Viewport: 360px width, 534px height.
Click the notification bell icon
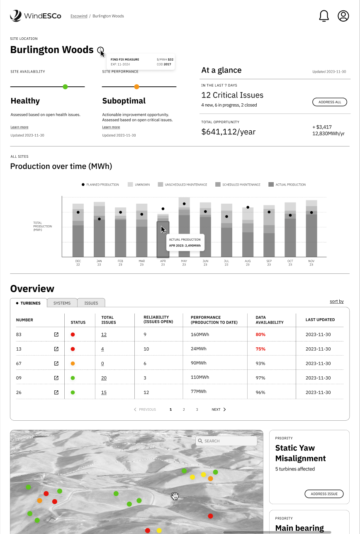[324, 16]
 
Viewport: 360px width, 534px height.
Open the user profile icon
[343, 16]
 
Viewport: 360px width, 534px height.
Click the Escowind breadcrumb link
[79, 16]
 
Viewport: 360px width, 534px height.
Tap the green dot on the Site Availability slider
[65, 87]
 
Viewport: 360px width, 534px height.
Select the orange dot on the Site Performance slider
[136, 87]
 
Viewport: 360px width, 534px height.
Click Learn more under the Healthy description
[19, 127]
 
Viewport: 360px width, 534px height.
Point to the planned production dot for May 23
[184, 204]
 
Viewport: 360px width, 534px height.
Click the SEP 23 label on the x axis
[269, 263]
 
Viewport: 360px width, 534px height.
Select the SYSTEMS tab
[62, 303]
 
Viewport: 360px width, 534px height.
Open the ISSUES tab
[91, 303]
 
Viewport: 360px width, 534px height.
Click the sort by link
[336, 301]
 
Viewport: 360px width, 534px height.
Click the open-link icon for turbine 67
[56, 363]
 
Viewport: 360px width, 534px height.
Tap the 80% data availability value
[260, 334]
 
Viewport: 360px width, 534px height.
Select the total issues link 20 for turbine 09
[104, 378]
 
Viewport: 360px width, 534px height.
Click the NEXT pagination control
[219, 410]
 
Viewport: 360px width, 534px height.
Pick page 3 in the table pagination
[197, 410]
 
